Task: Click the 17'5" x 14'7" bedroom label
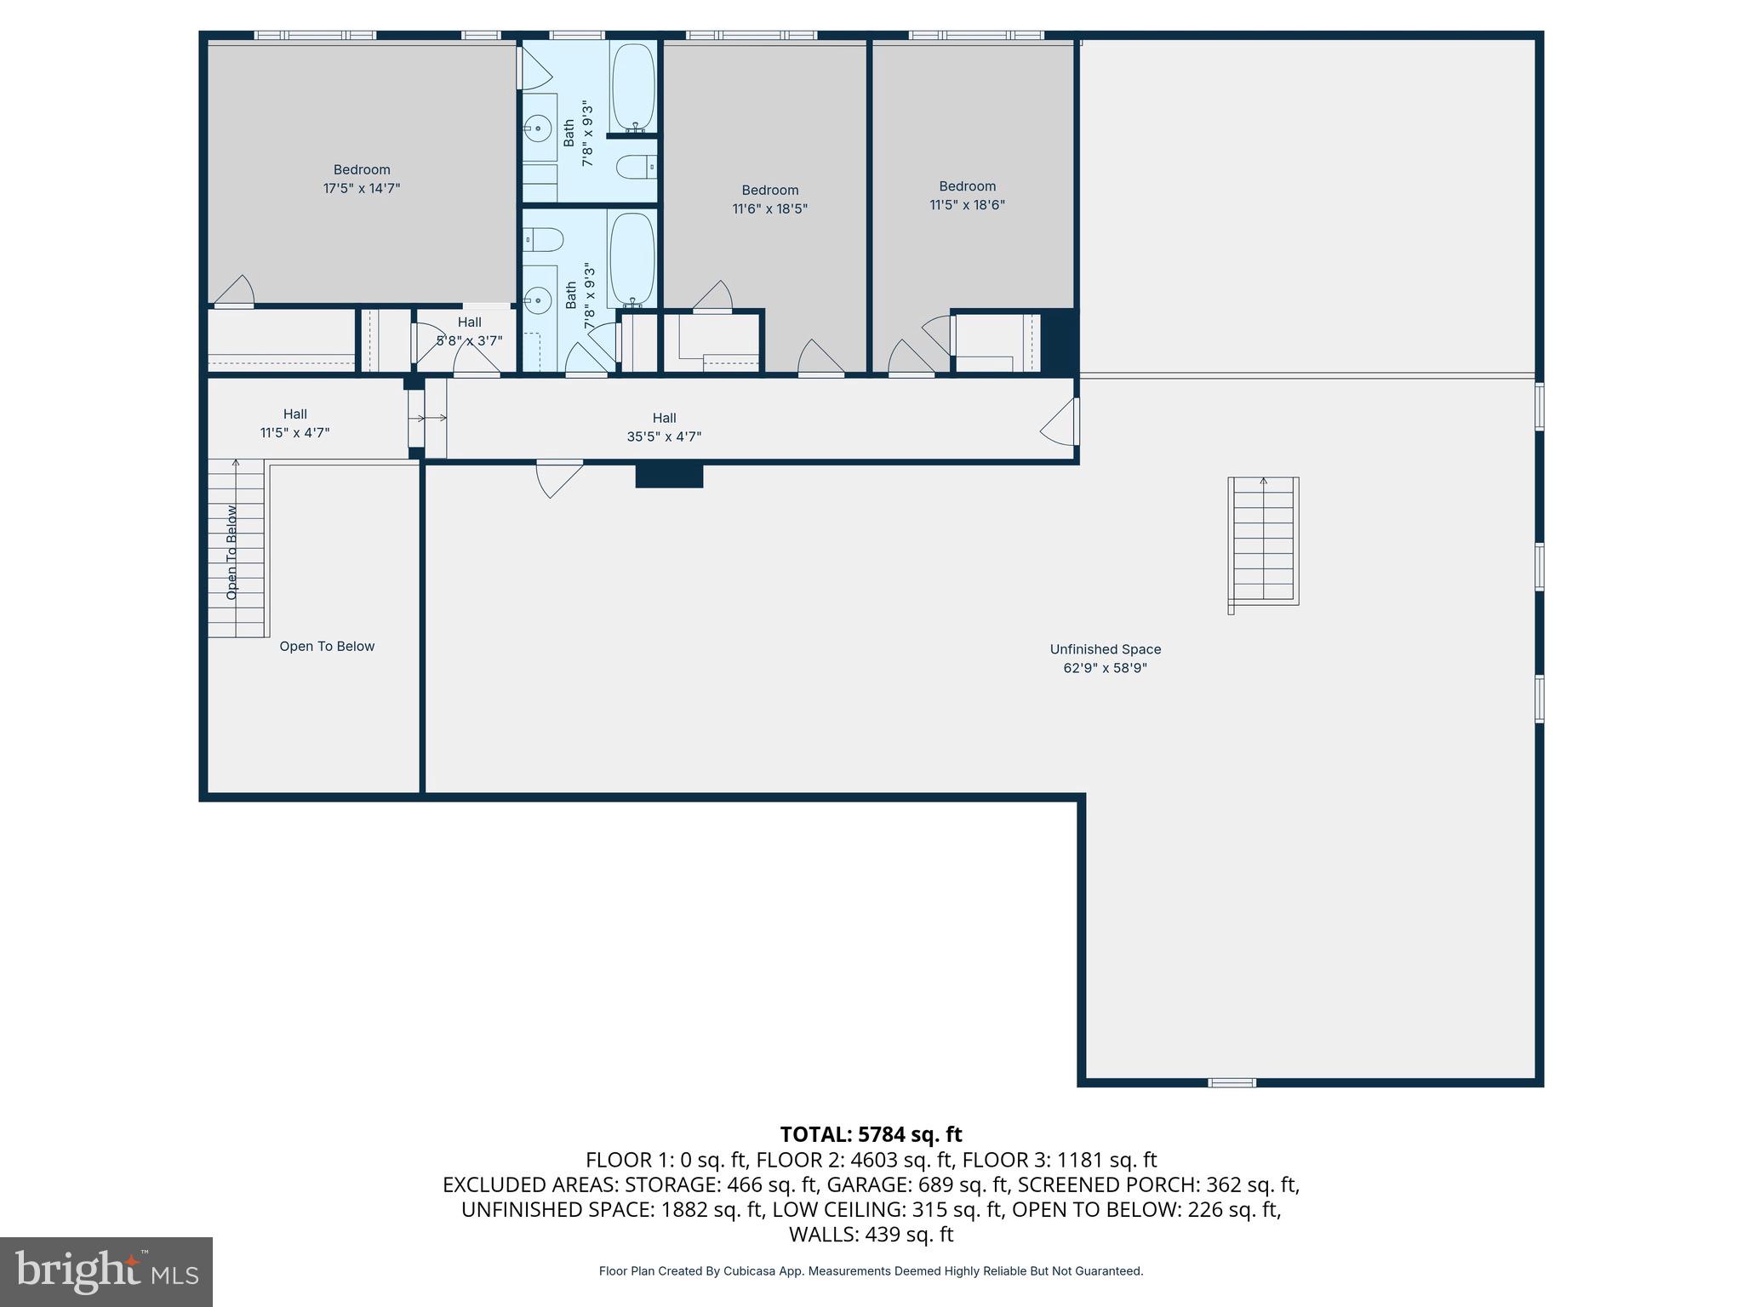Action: coord(362,180)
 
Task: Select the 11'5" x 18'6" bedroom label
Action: coord(967,196)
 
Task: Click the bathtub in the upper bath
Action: coord(633,88)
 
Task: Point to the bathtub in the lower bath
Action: coord(631,260)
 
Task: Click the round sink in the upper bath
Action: coord(538,129)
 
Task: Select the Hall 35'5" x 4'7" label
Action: coord(664,427)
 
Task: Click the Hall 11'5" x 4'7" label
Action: coord(294,423)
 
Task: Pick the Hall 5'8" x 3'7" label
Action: coord(469,331)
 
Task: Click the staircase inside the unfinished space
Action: coord(1263,541)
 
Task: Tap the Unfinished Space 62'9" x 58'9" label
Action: coord(1105,659)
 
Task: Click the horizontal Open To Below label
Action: coord(327,647)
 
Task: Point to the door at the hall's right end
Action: coord(1060,422)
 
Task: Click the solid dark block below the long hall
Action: coord(669,475)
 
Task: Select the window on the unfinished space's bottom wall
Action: coord(1232,1082)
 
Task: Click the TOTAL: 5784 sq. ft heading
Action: coord(871,1134)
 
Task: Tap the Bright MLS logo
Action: coord(106,1271)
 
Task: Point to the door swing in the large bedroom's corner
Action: coord(235,291)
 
